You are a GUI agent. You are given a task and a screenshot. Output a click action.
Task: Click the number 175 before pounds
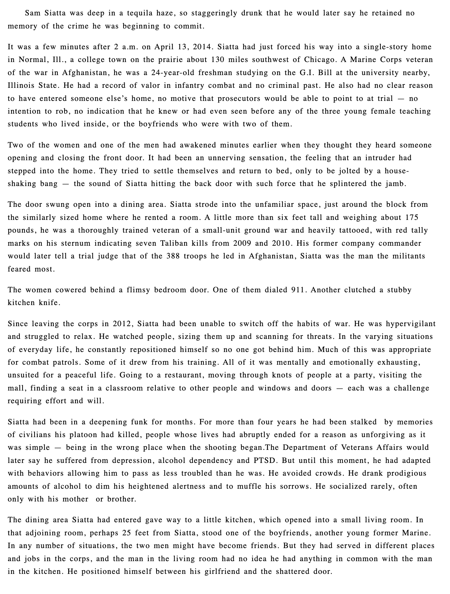coord(411,217)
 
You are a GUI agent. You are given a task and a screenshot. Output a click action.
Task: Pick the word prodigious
coord(406,473)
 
